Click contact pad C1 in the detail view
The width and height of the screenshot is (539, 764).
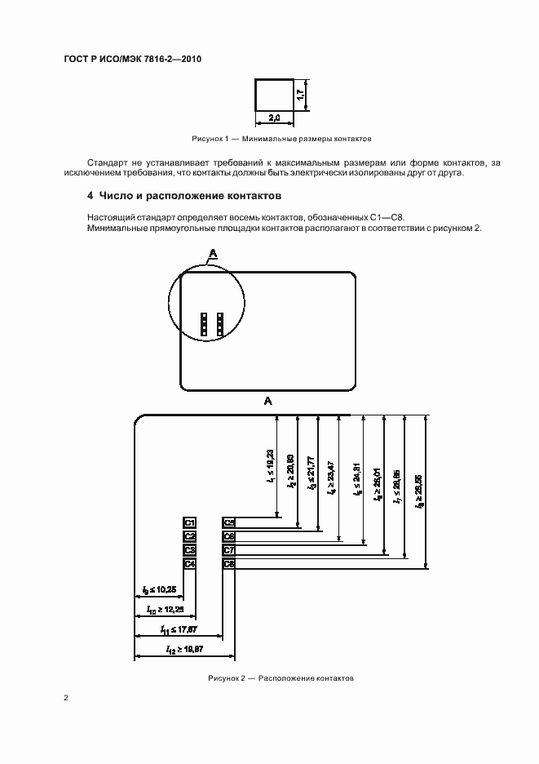(189, 522)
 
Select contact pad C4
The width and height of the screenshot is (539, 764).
(189, 563)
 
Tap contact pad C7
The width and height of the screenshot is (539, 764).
(229, 550)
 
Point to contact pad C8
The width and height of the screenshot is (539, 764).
(229, 563)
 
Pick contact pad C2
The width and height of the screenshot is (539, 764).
(189, 536)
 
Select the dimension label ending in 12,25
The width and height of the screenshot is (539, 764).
(165, 609)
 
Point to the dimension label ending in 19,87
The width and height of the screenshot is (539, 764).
(184, 650)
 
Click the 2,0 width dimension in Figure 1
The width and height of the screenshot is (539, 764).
(275, 119)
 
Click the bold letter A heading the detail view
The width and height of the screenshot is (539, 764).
(267, 401)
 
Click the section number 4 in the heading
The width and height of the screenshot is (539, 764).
(91, 197)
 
